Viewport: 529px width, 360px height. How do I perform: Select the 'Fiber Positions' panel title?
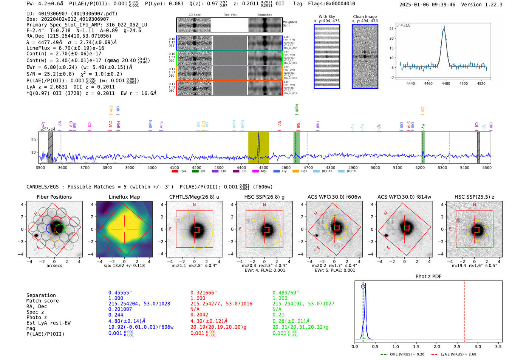point(54,197)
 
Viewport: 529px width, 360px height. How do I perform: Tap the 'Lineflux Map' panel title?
point(124,197)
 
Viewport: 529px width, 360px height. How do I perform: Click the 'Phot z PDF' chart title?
point(428,276)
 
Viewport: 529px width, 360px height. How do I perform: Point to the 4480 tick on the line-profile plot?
point(446,83)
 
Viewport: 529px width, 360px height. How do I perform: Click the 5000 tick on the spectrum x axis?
point(375,167)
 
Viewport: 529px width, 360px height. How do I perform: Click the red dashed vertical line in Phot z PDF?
point(464,310)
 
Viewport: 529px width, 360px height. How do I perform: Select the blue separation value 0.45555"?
point(120,293)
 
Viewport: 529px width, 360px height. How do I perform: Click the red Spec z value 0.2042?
point(199,315)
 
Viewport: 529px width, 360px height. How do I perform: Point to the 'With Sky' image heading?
point(326,17)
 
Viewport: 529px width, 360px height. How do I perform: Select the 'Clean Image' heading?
point(365,17)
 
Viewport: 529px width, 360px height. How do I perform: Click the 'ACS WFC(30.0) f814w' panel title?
point(404,197)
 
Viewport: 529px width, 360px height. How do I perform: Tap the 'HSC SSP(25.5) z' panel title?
point(474,197)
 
